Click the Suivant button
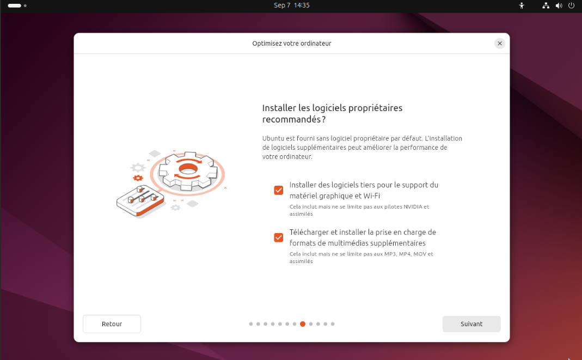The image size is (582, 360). pyautogui.click(x=471, y=324)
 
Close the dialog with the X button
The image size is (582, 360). pyautogui.click(x=500, y=44)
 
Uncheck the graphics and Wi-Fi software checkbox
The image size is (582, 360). pyautogui.click(x=278, y=191)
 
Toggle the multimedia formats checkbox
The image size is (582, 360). pyautogui.click(x=278, y=237)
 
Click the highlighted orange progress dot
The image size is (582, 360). pyautogui.click(x=303, y=324)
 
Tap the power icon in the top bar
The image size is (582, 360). pyautogui.click(x=571, y=5)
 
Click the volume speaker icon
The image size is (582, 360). pyautogui.click(x=559, y=5)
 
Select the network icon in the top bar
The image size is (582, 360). pyautogui.click(x=546, y=5)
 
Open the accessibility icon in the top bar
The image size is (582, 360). pyautogui.click(x=522, y=5)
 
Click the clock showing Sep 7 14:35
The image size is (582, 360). pyautogui.click(x=291, y=5)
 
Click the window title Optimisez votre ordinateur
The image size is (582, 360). pyautogui.click(x=291, y=44)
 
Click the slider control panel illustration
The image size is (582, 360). pyautogui.click(x=140, y=201)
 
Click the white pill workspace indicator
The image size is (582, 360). pyautogui.click(x=15, y=5)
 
